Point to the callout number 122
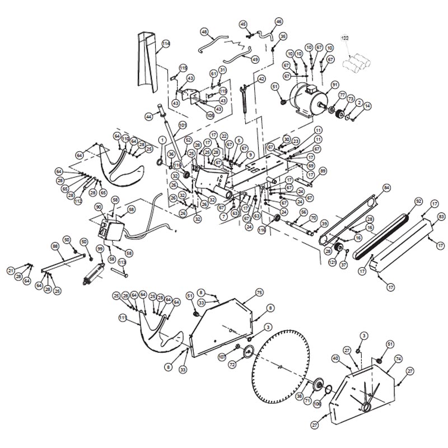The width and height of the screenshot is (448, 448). click(x=345, y=38)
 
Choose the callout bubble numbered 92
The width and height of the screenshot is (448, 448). click(x=418, y=200)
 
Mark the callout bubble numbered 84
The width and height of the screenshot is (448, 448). click(x=386, y=187)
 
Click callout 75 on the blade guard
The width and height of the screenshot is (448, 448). click(x=259, y=292)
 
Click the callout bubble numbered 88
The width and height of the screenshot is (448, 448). click(x=55, y=246)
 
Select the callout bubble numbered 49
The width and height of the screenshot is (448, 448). click(x=255, y=59)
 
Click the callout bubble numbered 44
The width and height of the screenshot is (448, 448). click(x=148, y=116)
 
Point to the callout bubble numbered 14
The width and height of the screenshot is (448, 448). click(x=367, y=105)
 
